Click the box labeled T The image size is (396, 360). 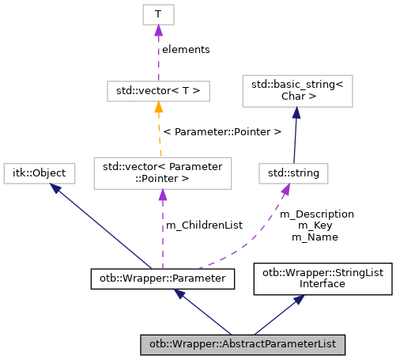[158, 14]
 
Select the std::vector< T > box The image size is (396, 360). [158, 91]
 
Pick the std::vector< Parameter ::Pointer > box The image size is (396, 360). [162, 172]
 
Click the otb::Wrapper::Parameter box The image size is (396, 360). [162, 278]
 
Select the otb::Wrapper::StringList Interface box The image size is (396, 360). [322, 278]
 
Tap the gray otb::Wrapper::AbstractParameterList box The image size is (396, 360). [243, 345]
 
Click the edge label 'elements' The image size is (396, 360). [186, 49]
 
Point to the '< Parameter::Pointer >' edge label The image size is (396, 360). [222, 131]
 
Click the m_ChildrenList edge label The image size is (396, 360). [204, 225]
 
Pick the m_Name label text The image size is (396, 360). [314, 237]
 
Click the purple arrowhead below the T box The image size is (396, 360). [158, 30]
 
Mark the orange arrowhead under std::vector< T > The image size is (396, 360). [158, 108]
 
